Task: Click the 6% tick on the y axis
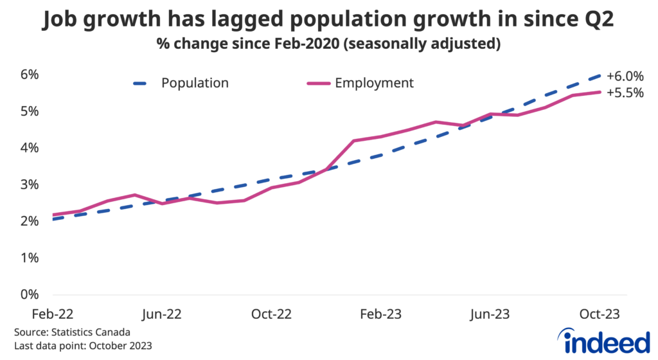point(29,75)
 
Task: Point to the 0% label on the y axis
point(29,295)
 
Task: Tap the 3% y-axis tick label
point(29,185)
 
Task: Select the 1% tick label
point(29,258)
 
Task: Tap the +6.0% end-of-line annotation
point(625,75)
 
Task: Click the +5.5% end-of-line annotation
point(625,93)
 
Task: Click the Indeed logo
point(604,340)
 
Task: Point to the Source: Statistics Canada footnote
point(72,333)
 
